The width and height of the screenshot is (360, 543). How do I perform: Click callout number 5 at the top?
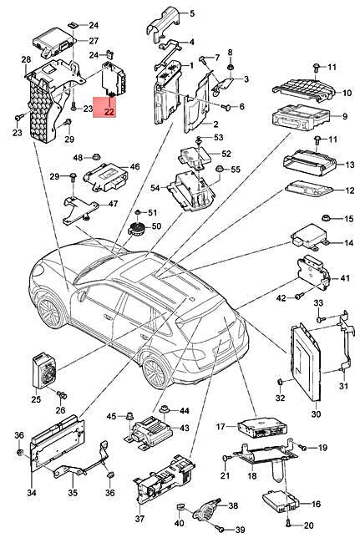[x=190, y=13]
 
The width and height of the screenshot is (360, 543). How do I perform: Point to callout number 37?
[x=139, y=518]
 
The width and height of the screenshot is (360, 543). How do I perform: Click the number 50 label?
[x=155, y=227]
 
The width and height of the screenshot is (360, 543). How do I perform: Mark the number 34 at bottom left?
[x=31, y=493]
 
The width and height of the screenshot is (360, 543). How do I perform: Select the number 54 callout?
[x=155, y=188]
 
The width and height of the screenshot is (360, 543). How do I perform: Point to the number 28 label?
[x=26, y=58]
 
